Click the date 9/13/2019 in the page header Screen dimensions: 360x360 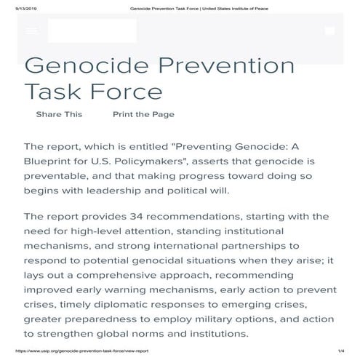coord(14,6)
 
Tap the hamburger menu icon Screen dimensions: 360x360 coord(31,31)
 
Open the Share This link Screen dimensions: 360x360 coord(59,114)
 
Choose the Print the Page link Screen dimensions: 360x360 coord(143,114)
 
